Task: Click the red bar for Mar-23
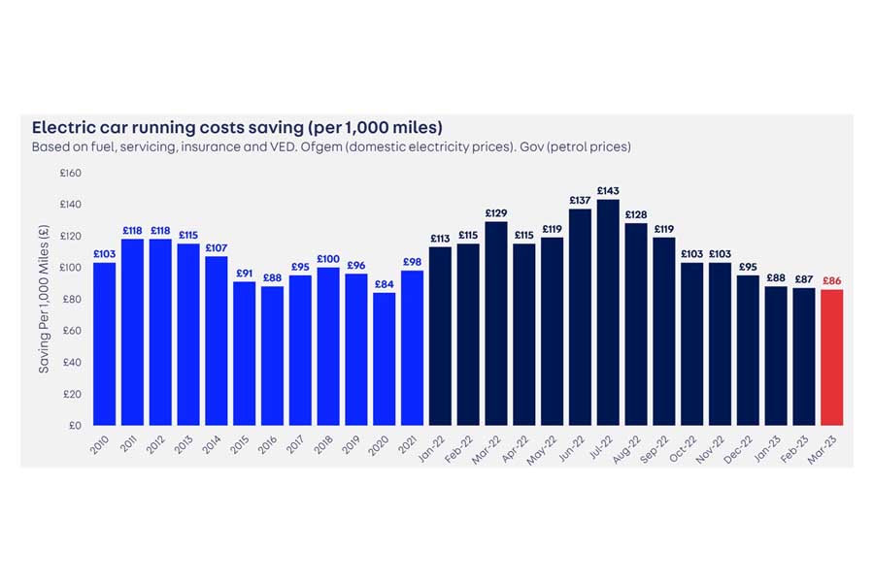point(831,357)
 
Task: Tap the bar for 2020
point(384,359)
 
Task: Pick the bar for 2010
point(104,343)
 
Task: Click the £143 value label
point(608,191)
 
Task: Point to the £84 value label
point(384,284)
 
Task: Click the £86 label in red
point(831,281)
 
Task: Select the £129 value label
point(496,213)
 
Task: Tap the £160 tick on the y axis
point(71,174)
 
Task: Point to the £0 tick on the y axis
point(75,425)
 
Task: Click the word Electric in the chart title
point(62,127)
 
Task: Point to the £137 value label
point(581,201)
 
